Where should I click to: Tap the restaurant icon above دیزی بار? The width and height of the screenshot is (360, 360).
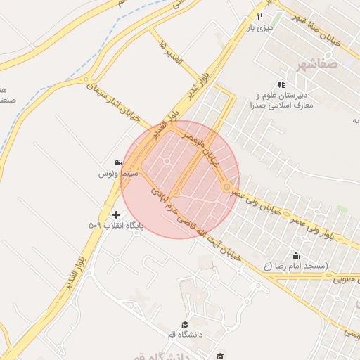[x=259, y=16]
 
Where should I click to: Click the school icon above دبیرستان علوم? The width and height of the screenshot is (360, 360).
[x=281, y=84]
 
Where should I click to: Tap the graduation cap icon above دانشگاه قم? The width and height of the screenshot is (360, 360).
[x=185, y=324]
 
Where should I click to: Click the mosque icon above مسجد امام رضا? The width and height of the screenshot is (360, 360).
[x=295, y=255]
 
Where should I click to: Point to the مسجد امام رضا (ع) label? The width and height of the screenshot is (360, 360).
[x=295, y=266]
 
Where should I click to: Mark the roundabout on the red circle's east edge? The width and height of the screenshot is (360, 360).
[x=227, y=187]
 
